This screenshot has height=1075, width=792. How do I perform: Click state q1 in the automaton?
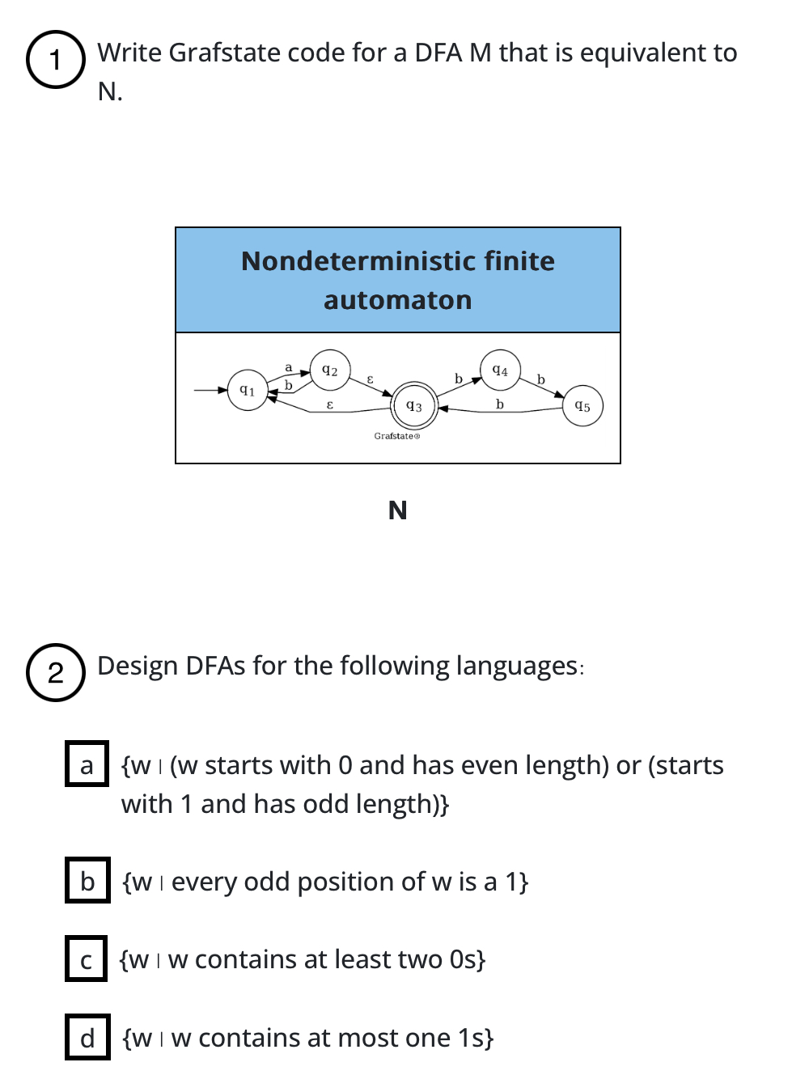tap(248, 391)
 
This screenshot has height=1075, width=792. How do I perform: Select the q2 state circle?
tap(330, 370)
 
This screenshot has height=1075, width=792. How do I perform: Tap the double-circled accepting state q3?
tap(414, 406)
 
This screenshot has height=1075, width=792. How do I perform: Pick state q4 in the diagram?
tap(500, 370)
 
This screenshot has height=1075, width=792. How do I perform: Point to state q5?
tap(582, 406)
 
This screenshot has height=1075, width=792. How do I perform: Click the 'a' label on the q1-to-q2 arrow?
tap(289, 367)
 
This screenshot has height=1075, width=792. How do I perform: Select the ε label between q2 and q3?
tap(371, 379)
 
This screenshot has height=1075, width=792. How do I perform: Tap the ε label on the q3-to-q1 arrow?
tap(329, 404)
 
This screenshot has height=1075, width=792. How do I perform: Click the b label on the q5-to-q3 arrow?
tap(500, 404)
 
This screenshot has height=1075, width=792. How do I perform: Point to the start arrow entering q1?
tap(210, 390)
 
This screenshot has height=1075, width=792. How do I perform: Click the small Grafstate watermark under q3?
tap(396, 436)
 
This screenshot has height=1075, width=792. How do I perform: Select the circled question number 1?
tap(55, 59)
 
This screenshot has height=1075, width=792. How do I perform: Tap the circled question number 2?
tap(55, 672)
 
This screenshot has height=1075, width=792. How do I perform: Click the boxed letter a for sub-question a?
tap(87, 764)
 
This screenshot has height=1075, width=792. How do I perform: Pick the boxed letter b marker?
tap(87, 881)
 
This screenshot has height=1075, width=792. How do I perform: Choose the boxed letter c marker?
tap(86, 959)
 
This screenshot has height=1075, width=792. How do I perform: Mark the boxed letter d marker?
tap(87, 1037)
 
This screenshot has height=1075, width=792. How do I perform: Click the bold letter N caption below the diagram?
tap(397, 510)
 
